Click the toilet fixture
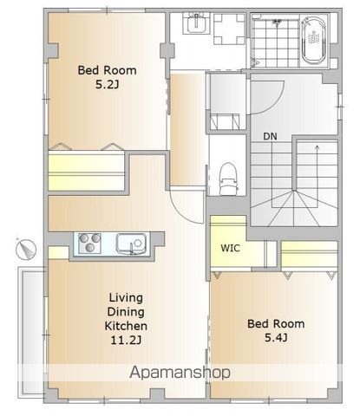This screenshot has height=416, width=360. click(229, 179)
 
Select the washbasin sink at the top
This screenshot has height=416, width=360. click(197, 23)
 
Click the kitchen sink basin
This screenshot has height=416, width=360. click(132, 244)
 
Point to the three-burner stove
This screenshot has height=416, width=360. click(90, 244)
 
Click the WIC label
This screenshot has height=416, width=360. click(230, 248)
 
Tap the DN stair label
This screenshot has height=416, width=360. click(270, 136)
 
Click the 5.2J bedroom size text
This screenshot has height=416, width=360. click(108, 85)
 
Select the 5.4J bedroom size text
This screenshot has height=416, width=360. click(276, 337)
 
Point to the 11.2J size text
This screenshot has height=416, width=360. click(126, 341)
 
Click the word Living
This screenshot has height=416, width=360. click(126, 298)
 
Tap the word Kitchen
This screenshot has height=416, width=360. click(126, 326)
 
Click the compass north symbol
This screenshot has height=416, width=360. click(26, 249)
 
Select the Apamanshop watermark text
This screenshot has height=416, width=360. click(180, 373)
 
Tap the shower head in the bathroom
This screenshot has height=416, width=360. click(278, 22)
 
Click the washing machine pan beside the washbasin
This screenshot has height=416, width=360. click(228, 29)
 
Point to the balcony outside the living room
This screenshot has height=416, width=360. click(32, 332)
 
